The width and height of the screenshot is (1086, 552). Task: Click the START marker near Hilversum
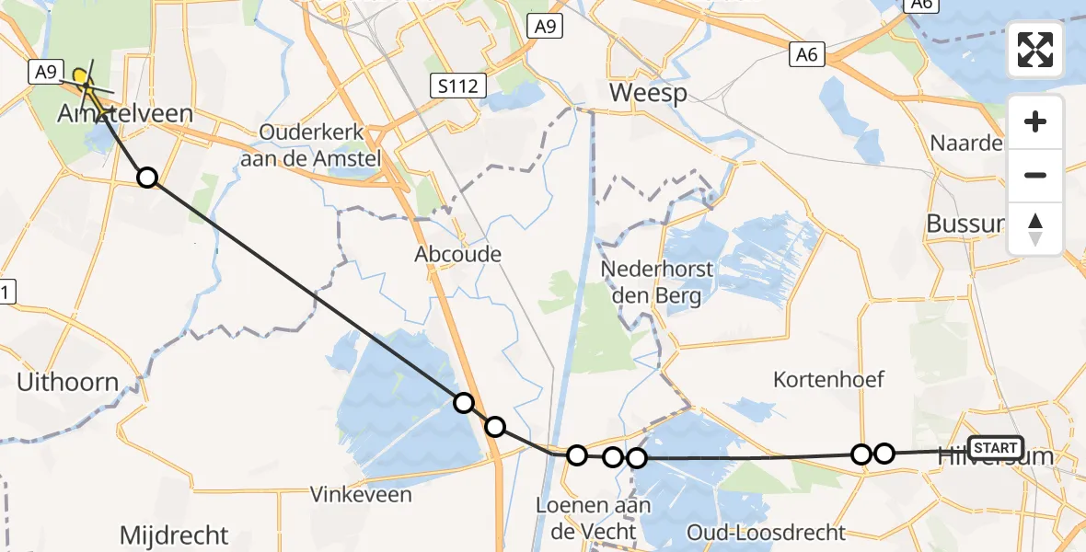point(996,448)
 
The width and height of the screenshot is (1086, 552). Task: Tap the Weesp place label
point(648,93)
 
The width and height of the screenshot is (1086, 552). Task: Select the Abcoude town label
point(457,254)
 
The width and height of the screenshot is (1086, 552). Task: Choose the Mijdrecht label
point(174,535)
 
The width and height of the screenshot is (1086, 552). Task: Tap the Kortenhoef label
point(828,379)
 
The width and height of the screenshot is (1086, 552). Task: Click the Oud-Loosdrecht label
point(767,532)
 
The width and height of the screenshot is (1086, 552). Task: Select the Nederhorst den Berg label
point(657,282)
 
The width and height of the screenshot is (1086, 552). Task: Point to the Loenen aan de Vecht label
point(594,518)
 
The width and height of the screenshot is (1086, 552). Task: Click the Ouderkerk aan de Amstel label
point(320,145)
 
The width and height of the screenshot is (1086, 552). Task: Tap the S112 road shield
point(457,86)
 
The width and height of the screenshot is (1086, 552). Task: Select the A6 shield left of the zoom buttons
point(806,56)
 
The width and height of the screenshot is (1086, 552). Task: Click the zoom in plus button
point(1035,121)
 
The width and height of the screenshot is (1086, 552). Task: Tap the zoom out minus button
point(1035,175)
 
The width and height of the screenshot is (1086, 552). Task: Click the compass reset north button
point(1035,228)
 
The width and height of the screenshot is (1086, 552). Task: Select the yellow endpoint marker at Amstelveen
point(81,76)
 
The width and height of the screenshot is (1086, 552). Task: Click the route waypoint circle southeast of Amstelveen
point(147,177)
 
